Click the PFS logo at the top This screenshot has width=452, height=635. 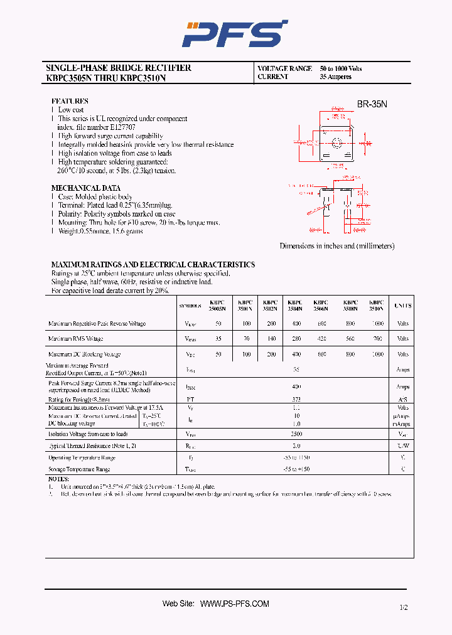click(234, 34)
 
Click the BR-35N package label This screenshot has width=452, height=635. click(372, 105)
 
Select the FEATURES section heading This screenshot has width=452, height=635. click(70, 101)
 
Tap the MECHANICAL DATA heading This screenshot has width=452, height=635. click(85, 188)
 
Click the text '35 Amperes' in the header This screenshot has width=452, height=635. click(335, 77)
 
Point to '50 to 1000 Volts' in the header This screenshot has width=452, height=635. click(341, 68)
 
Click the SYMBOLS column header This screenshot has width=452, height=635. click(190, 306)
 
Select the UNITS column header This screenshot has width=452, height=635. click(402, 306)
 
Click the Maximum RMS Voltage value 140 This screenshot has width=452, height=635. click(271, 339)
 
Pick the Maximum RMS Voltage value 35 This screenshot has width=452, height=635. click(218, 339)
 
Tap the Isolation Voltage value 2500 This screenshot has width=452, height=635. click(296, 434)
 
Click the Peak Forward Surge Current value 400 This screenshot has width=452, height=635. click(296, 387)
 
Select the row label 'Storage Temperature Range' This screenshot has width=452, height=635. click(79, 469)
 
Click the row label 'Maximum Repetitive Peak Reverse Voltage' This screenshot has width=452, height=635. click(97, 324)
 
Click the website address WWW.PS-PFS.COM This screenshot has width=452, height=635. click(235, 604)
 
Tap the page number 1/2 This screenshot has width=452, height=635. click(402, 607)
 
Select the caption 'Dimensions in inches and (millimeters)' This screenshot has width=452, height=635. click(337, 246)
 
